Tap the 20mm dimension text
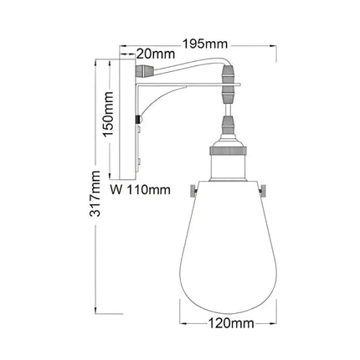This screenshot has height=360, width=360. pos(155,52)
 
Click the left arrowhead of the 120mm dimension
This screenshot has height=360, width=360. pos(184,321)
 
